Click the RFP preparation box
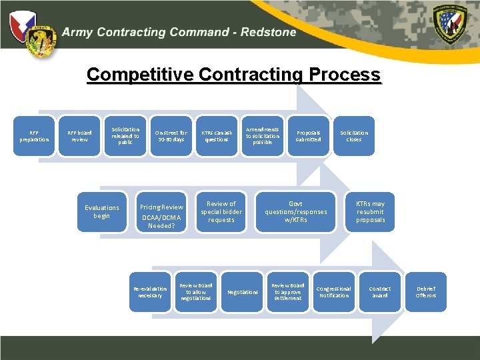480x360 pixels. [x=34, y=136]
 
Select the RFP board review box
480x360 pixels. [x=80, y=136]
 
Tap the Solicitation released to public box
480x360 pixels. [x=125, y=136]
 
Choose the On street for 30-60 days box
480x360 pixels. [x=171, y=136]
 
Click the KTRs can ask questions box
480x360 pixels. [x=217, y=136]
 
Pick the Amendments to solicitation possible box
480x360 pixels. [x=263, y=136]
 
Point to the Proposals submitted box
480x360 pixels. [x=308, y=136]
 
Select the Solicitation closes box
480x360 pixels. [x=353, y=136]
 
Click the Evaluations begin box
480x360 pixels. [x=101, y=212]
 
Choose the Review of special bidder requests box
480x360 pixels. [x=221, y=212]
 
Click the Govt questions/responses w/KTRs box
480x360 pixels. [x=295, y=212]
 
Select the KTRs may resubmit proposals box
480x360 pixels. [x=370, y=212]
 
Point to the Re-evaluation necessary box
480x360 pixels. [x=150, y=292]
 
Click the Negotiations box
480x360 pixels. [x=242, y=292]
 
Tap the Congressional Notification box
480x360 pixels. [x=334, y=292]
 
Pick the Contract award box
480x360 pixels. [x=380, y=292]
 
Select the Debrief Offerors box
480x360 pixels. [x=426, y=292]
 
